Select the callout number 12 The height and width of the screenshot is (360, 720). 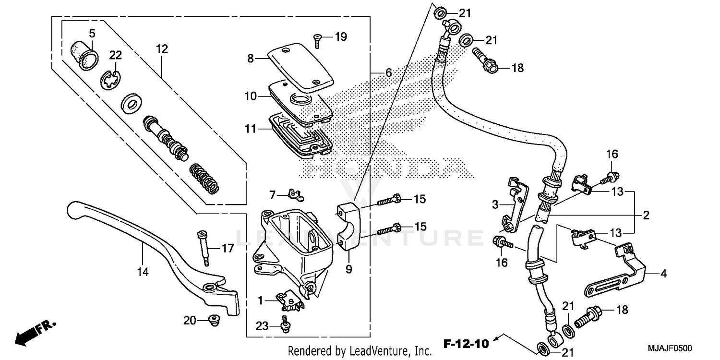[162, 48]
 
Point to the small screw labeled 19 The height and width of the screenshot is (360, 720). [317, 42]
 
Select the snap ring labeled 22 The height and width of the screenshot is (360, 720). [113, 79]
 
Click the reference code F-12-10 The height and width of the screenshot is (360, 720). [466, 344]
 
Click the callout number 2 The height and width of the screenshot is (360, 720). [646, 215]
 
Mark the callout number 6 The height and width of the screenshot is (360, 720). [388, 73]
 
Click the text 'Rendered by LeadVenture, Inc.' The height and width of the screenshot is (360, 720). [360, 351]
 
